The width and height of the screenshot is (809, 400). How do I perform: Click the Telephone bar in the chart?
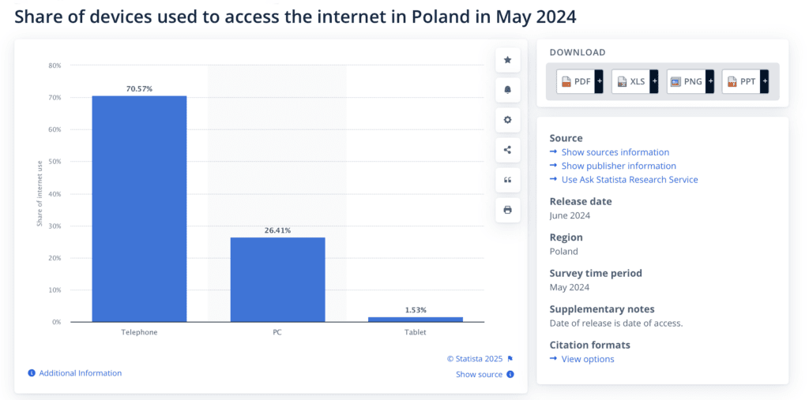click(139, 208)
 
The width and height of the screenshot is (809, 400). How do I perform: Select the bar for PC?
click(277, 279)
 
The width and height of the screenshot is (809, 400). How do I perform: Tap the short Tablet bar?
click(416, 319)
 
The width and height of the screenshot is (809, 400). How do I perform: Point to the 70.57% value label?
click(139, 89)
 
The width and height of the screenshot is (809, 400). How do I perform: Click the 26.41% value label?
click(277, 230)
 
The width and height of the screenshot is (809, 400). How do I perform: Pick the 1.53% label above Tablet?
click(416, 310)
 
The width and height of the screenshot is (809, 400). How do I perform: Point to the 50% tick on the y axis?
click(55, 162)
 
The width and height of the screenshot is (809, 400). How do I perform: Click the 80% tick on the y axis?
click(55, 65)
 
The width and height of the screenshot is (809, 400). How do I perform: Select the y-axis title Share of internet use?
click(39, 193)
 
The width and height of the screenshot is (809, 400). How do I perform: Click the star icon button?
click(507, 60)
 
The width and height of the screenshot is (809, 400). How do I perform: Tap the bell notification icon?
click(507, 90)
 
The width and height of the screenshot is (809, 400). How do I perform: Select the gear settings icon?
click(507, 120)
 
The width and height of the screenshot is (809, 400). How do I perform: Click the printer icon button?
click(507, 210)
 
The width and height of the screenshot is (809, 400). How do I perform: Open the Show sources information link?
click(615, 152)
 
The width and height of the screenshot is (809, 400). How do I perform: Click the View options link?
click(587, 359)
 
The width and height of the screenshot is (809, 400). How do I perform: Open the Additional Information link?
click(80, 373)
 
